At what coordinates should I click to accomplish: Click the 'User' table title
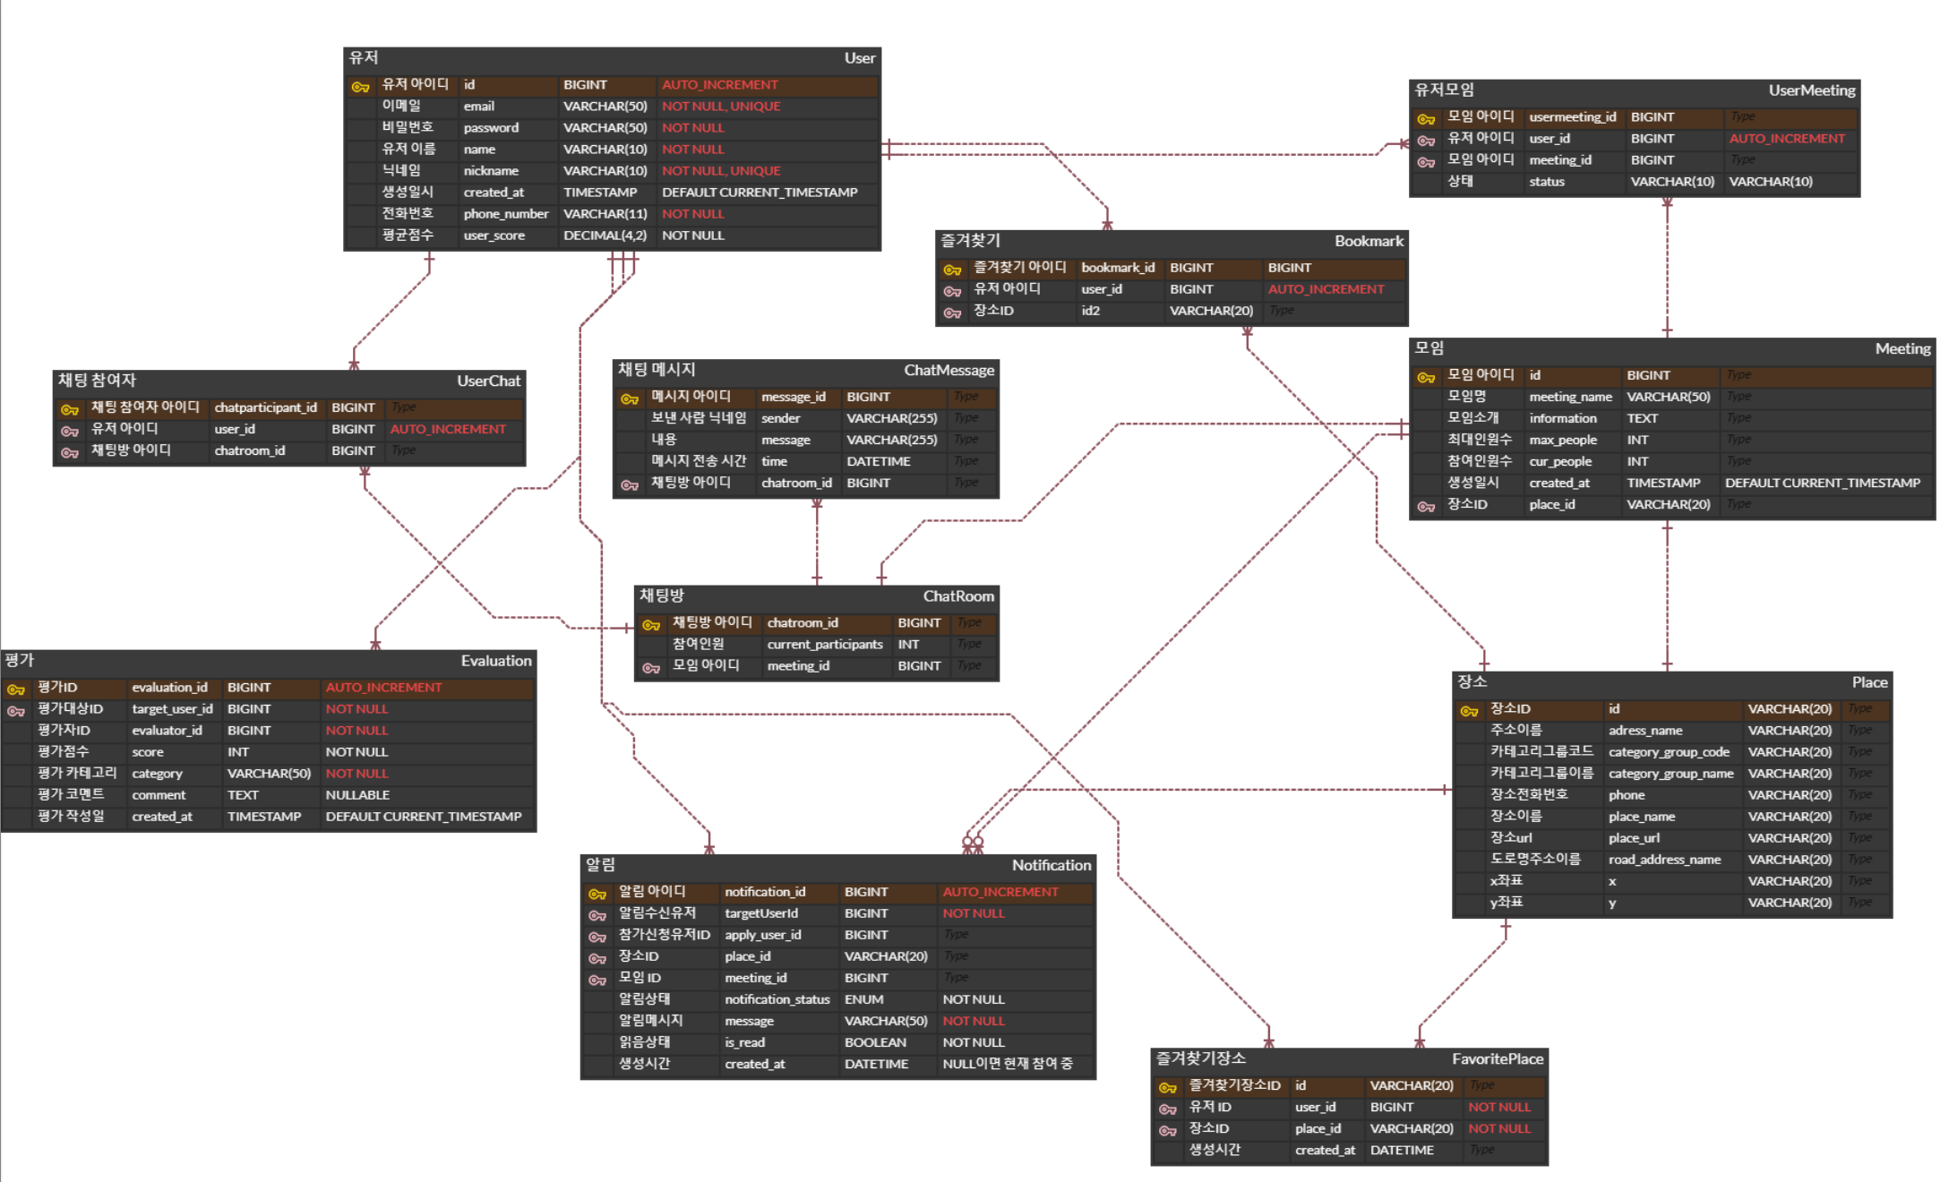click(x=859, y=58)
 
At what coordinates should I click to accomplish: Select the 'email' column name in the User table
click(x=478, y=107)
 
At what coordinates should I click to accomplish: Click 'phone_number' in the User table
click(x=505, y=214)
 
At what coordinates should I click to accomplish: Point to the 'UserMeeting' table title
click(x=1811, y=90)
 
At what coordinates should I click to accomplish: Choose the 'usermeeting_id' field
click(x=1572, y=117)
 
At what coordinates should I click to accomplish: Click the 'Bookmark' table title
click(x=1369, y=241)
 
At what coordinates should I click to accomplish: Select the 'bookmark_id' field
click(x=1117, y=268)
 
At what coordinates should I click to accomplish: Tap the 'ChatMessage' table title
click(x=949, y=370)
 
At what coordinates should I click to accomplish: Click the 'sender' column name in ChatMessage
click(x=780, y=418)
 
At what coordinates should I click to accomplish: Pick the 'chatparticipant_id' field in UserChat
click(x=265, y=407)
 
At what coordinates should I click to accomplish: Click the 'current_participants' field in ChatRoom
click(x=824, y=645)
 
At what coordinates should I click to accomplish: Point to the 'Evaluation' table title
click(x=495, y=661)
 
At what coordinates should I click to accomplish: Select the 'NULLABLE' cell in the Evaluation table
click(x=357, y=795)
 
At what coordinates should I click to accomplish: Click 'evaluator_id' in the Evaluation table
click(x=167, y=731)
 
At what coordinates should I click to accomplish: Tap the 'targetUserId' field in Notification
click(x=760, y=913)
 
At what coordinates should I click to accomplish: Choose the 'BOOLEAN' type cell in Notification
click(x=874, y=1042)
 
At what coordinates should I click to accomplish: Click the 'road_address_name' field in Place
click(x=1663, y=860)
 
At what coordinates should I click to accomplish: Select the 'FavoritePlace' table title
click(x=1497, y=1059)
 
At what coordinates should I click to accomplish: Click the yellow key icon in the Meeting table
click(x=1426, y=377)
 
